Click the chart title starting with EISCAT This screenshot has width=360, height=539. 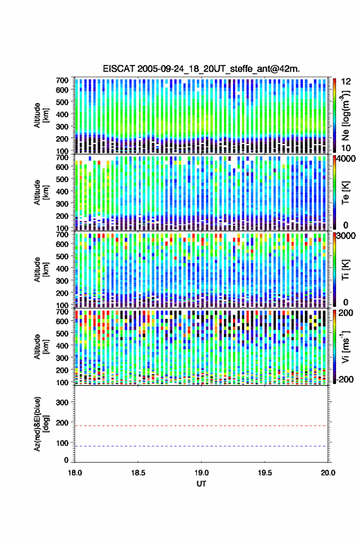pos(201,69)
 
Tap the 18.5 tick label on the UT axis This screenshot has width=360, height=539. pos(138,473)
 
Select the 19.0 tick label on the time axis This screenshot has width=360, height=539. pos(201,473)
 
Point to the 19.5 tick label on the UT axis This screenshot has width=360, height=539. pos(264,473)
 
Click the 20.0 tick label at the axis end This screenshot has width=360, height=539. pos(327,473)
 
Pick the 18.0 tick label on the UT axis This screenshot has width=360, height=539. pos(75,473)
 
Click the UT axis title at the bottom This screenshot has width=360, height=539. pos(201,484)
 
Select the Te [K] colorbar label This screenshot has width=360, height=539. pos(345,193)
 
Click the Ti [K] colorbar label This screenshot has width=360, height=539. pos(345,270)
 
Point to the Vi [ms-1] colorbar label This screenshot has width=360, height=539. pos(345,346)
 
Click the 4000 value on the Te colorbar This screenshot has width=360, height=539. pos(346,159)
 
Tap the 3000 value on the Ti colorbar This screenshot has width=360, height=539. pos(346,236)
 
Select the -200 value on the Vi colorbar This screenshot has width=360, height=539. pos(343,380)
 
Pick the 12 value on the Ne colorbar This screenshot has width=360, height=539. pos(346,82)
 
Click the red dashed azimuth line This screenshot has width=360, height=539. pos(201,426)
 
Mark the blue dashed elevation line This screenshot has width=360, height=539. pos(201,446)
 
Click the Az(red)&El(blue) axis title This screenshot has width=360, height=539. pos(40,424)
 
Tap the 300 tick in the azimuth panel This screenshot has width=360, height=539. pos(62,402)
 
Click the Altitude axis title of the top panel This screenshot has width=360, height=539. pos(40,115)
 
